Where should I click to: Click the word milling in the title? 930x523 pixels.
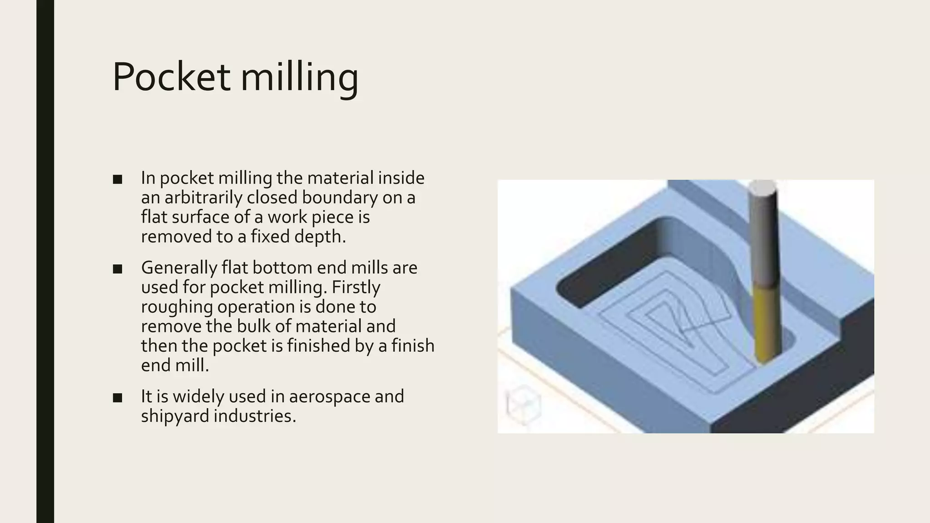click(299, 77)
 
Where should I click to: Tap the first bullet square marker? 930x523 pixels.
click(118, 179)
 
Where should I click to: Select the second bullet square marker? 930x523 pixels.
click(118, 269)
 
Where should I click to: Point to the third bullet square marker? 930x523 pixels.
click(118, 398)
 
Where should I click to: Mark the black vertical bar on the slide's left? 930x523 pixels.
click(45, 261)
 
